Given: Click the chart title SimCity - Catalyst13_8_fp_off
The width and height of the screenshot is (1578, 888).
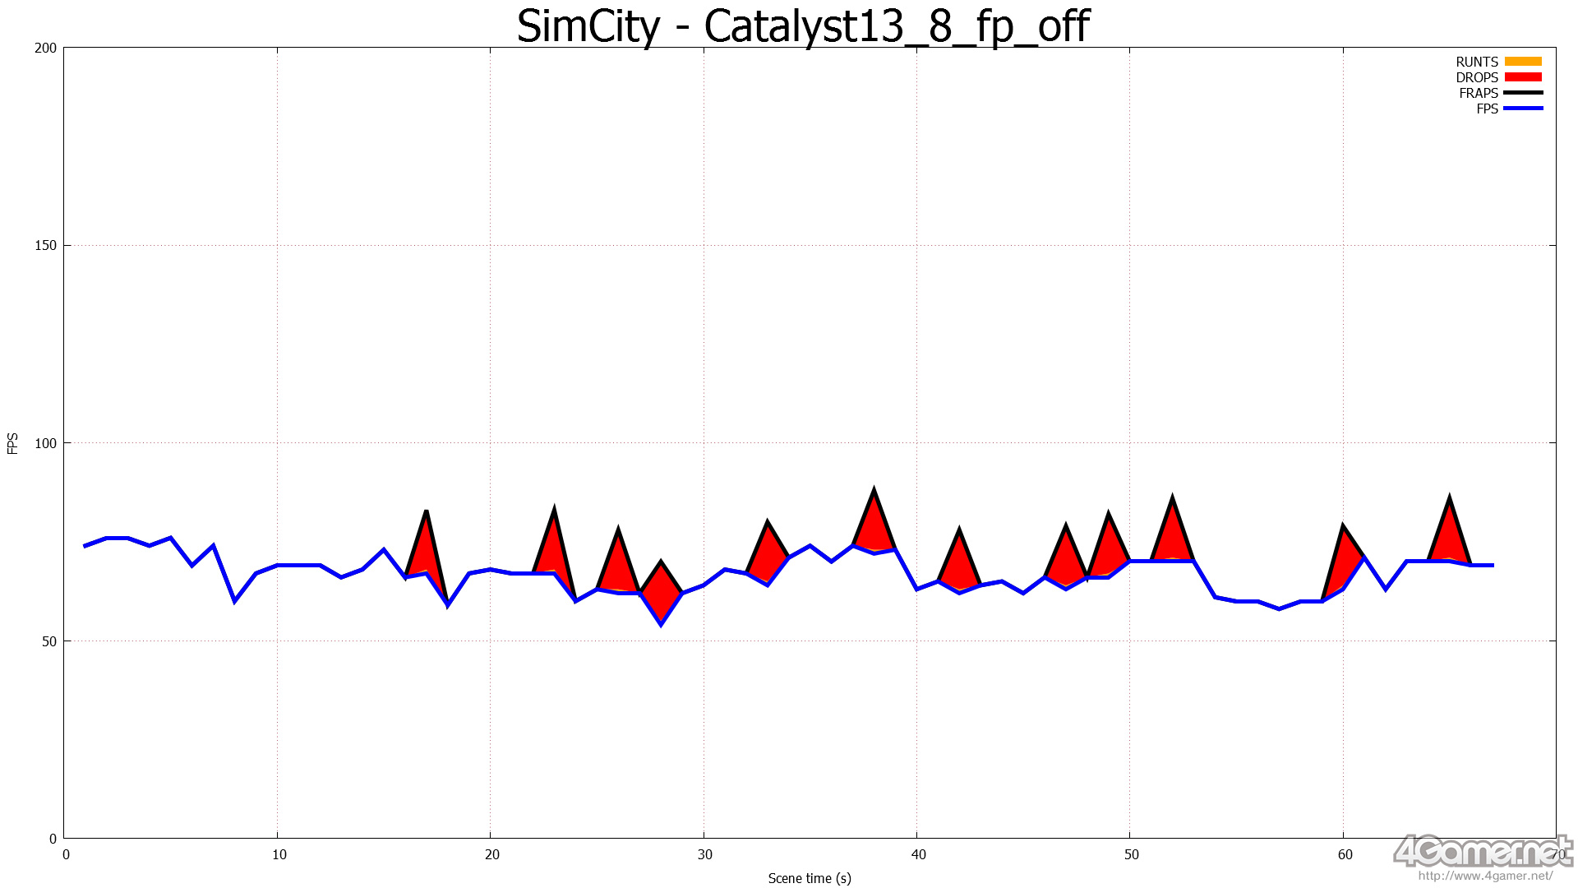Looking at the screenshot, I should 802,26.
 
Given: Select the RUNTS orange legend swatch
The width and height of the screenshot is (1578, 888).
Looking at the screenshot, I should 1523,62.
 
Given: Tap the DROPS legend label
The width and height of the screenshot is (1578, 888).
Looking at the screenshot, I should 1477,77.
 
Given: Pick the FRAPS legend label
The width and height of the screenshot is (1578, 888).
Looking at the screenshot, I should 1479,93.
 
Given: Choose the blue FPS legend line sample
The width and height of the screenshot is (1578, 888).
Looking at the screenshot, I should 1523,109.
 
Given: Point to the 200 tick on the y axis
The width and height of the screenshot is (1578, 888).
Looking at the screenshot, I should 45,48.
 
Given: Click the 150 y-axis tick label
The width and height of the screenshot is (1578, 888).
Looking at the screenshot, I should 45,245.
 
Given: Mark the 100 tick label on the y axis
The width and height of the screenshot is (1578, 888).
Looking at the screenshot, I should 45,443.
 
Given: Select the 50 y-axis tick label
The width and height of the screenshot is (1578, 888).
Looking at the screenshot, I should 48,641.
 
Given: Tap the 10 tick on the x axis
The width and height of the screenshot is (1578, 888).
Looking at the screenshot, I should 279,854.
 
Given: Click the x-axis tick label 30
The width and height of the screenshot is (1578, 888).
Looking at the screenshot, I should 705,854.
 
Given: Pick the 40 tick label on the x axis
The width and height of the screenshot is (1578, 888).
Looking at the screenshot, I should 918,854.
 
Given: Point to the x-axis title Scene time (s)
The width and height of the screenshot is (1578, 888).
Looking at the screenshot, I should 810,878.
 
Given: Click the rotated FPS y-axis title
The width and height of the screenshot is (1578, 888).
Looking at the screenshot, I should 12,443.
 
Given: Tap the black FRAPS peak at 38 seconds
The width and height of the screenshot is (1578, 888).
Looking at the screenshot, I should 874,491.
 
